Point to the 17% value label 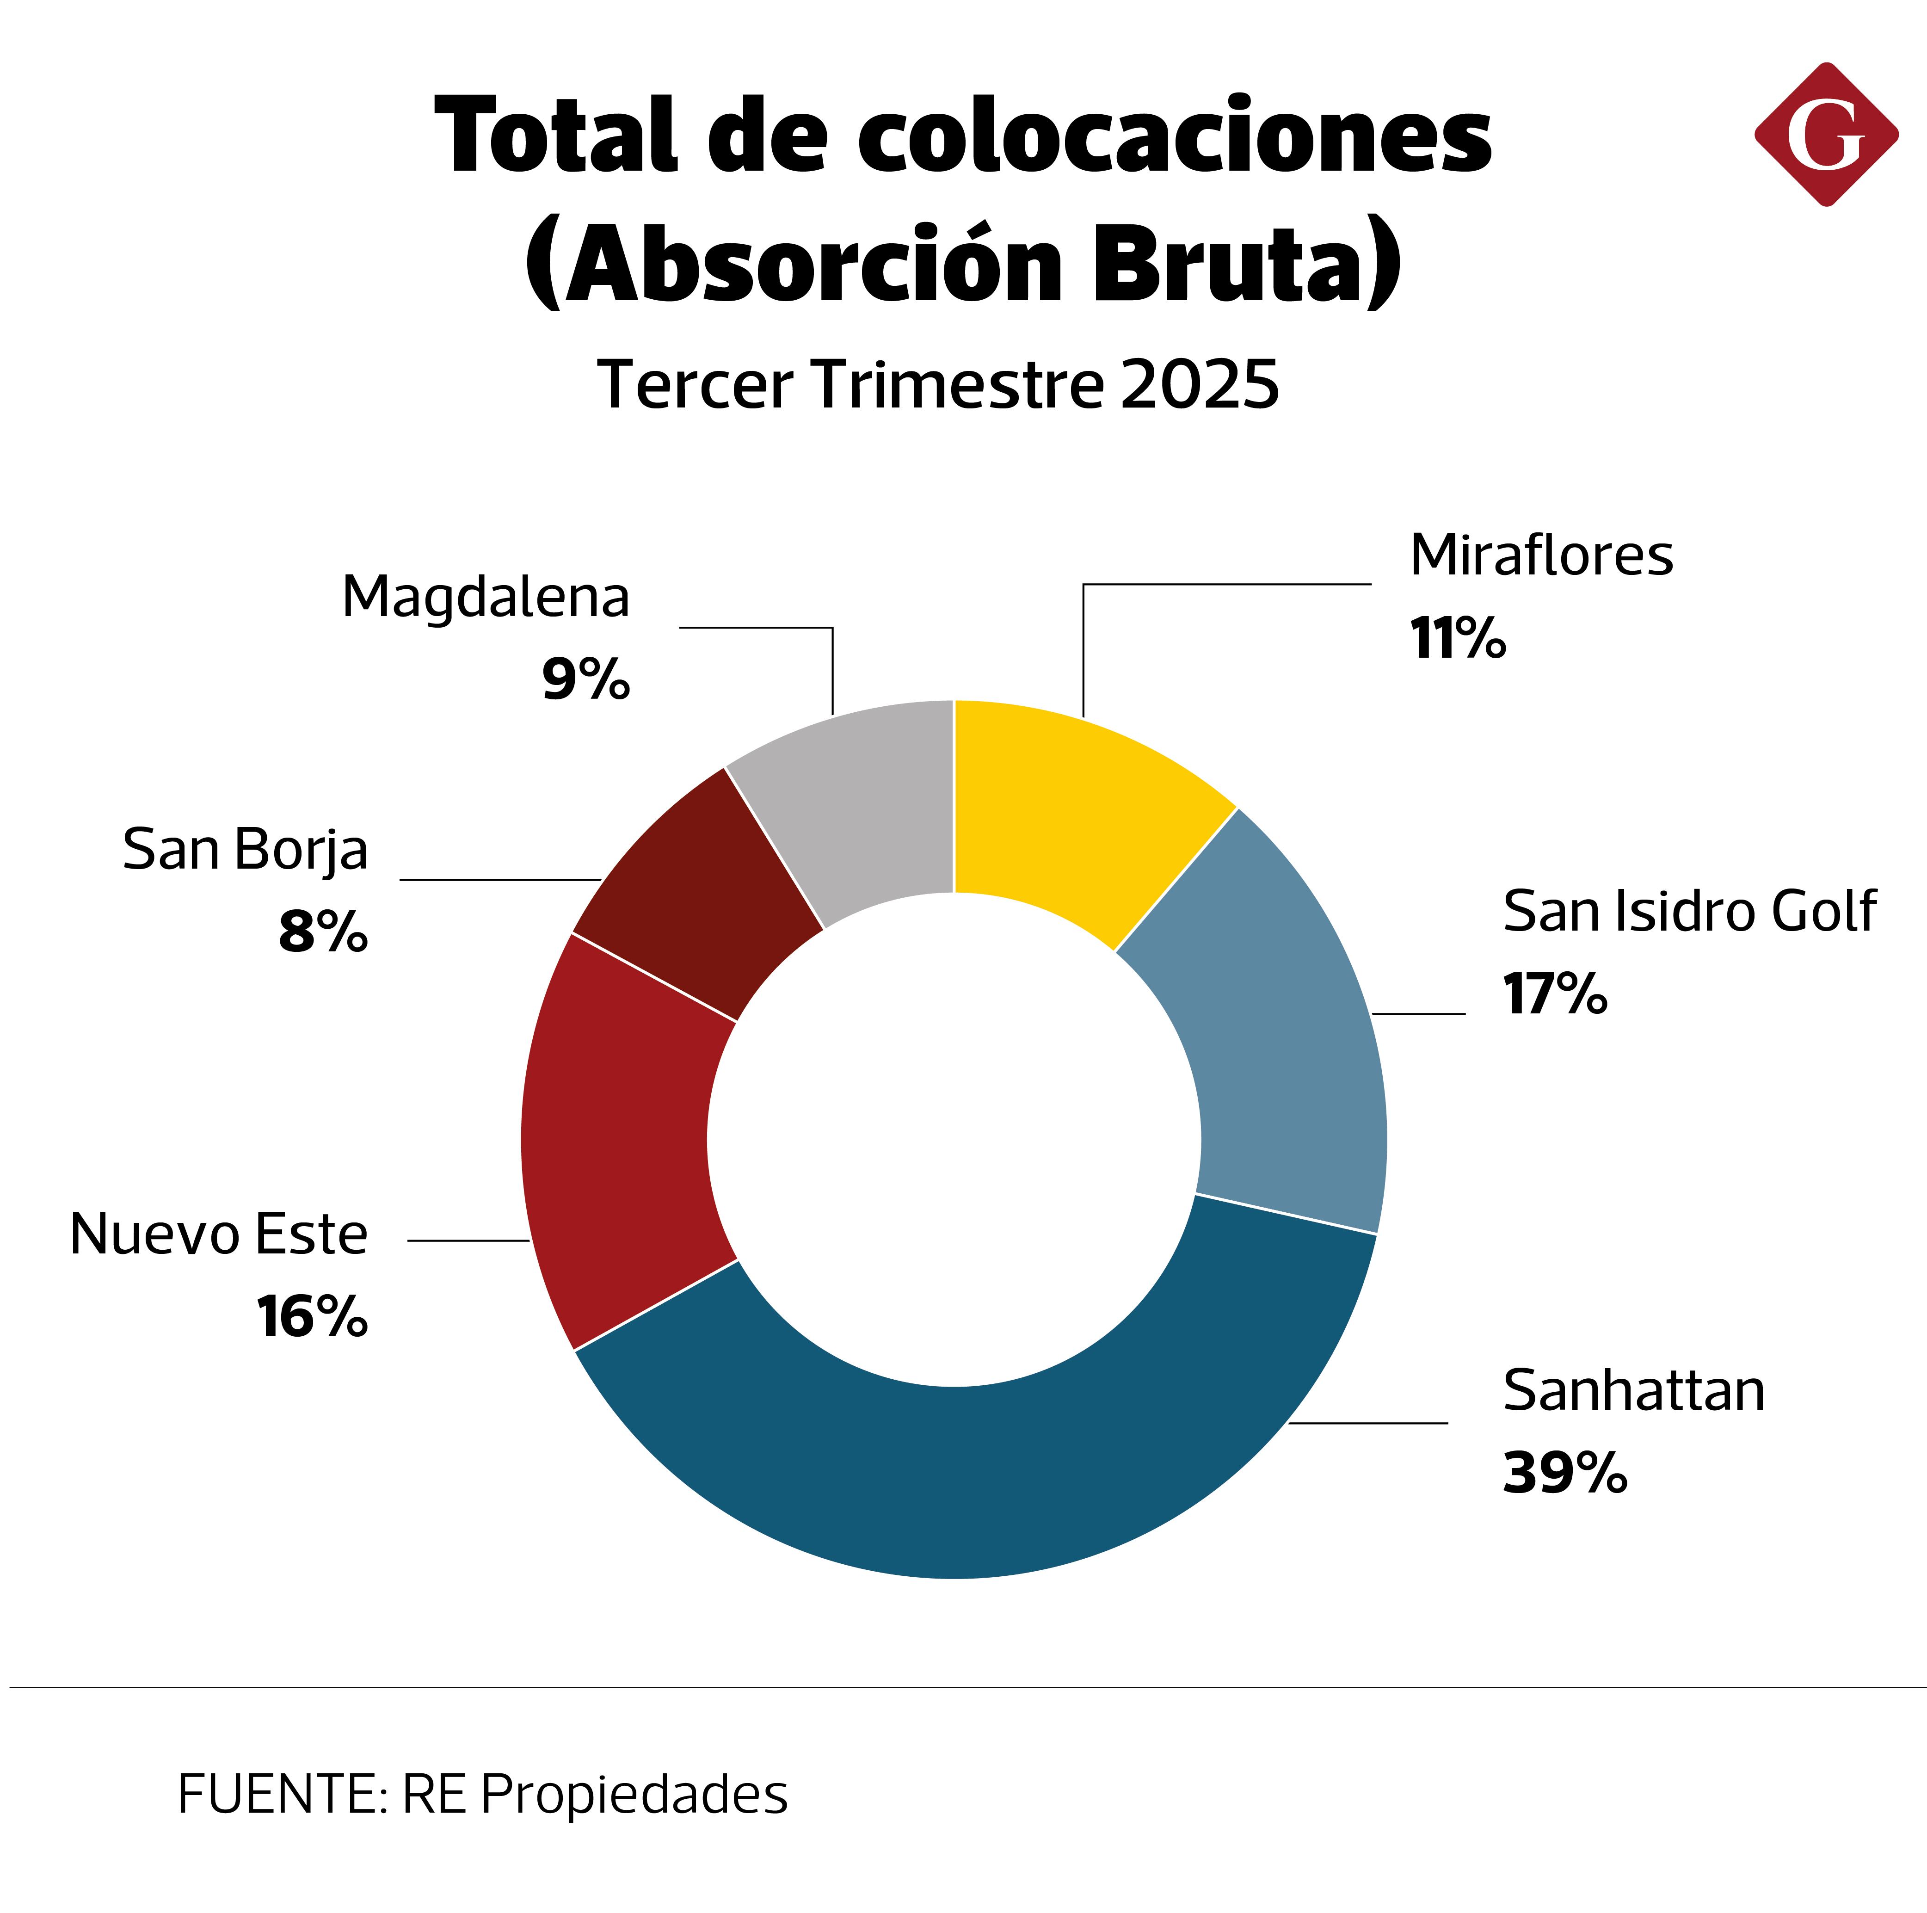pyautogui.click(x=1554, y=994)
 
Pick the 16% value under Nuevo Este pyautogui.click(x=312, y=1316)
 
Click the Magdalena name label pyautogui.click(x=486, y=598)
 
